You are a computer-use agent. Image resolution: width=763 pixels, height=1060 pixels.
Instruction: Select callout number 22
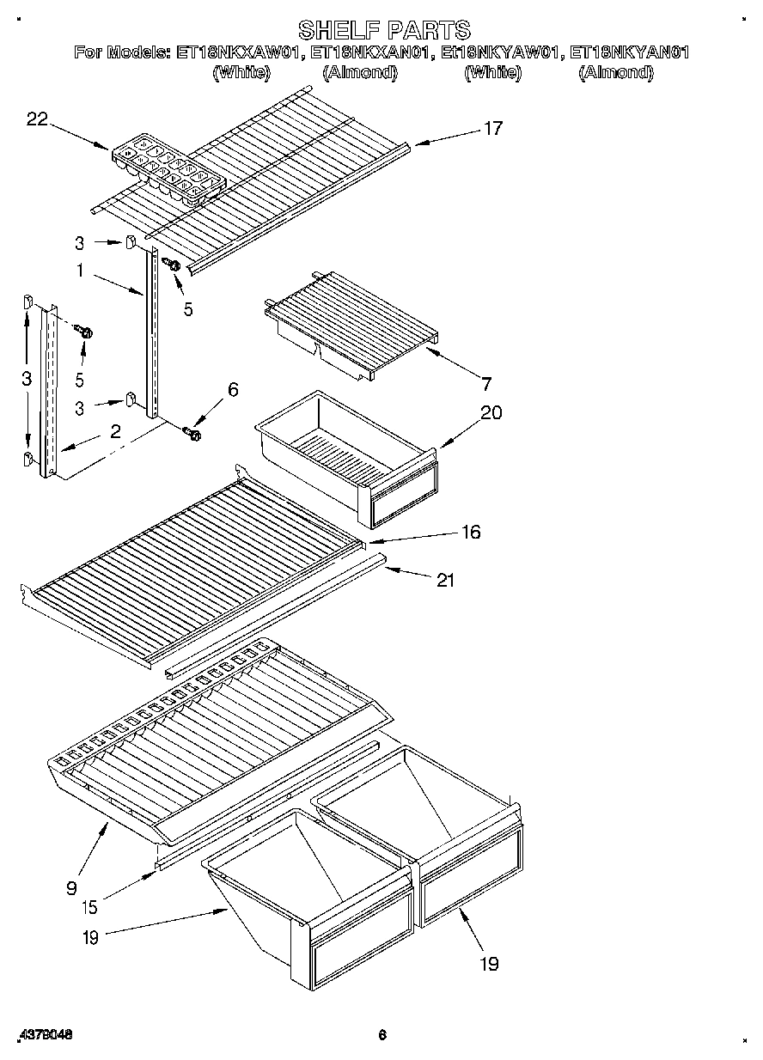point(36,120)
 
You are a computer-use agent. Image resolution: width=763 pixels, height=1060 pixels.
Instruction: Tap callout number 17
point(492,129)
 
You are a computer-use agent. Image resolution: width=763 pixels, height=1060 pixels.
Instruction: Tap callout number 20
point(491,412)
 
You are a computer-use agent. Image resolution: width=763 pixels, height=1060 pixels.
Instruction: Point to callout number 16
point(470,533)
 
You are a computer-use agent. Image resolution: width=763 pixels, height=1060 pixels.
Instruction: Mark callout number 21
point(444,581)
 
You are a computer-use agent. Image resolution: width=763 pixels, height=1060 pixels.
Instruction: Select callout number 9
point(72,887)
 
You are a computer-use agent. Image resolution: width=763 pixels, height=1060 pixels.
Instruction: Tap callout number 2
point(115,432)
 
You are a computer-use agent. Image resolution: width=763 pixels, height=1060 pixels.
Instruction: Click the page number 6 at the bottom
point(382,1035)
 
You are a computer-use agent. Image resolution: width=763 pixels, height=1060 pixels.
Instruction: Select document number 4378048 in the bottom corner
point(43,1035)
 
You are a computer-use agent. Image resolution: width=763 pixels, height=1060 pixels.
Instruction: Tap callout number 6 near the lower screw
point(232,390)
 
